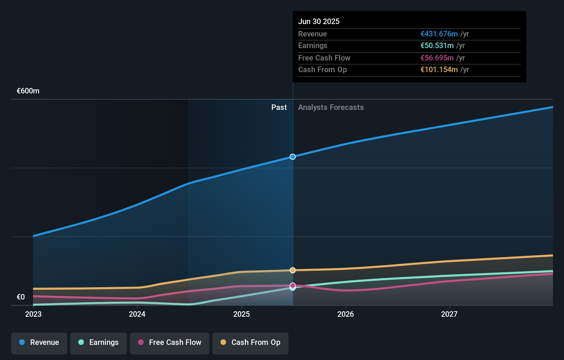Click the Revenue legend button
click(39, 343)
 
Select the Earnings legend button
click(99, 343)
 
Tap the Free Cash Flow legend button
click(170, 343)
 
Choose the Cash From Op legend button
click(250, 343)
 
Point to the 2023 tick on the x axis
click(33, 314)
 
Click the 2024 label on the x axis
click(137, 314)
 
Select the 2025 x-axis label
click(241, 314)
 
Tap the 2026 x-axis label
click(346, 314)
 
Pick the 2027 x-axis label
click(449, 314)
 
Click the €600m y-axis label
click(28, 91)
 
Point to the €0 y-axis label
click(21, 297)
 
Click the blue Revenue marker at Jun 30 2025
click(293, 157)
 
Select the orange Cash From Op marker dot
click(293, 270)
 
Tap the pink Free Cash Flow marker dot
click(293, 285)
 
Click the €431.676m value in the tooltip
click(439, 34)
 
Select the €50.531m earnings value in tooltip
click(437, 46)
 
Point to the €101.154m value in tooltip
click(439, 70)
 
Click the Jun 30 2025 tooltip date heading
click(319, 22)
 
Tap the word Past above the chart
click(279, 108)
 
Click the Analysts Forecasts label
click(331, 108)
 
